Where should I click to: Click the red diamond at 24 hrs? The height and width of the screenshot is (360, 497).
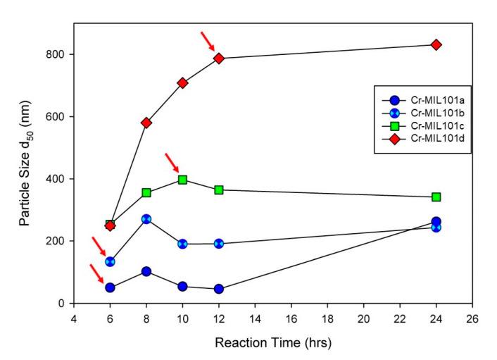[x=436, y=44]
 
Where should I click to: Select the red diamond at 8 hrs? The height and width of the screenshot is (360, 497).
[x=146, y=123]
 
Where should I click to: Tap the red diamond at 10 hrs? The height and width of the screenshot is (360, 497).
[x=183, y=83]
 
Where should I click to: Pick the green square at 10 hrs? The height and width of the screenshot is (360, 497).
[x=183, y=180]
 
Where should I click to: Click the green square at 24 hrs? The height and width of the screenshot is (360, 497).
[x=436, y=197]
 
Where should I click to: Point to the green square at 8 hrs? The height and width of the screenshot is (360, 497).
[x=146, y=192]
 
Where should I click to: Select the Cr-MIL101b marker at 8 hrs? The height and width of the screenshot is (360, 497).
[x=146, y=219]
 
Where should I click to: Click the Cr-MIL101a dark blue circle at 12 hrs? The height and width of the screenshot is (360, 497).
[x=219, y=289]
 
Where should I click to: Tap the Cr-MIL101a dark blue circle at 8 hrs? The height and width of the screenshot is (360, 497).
[x=146, y=271]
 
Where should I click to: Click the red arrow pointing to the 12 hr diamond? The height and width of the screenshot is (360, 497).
[x=207, y=39]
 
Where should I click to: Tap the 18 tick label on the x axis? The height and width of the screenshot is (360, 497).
[x=328, y=318]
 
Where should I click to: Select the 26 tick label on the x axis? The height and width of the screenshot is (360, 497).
[x=472, y=318]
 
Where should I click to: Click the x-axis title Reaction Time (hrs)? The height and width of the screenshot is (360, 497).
[x=274, y=343]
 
